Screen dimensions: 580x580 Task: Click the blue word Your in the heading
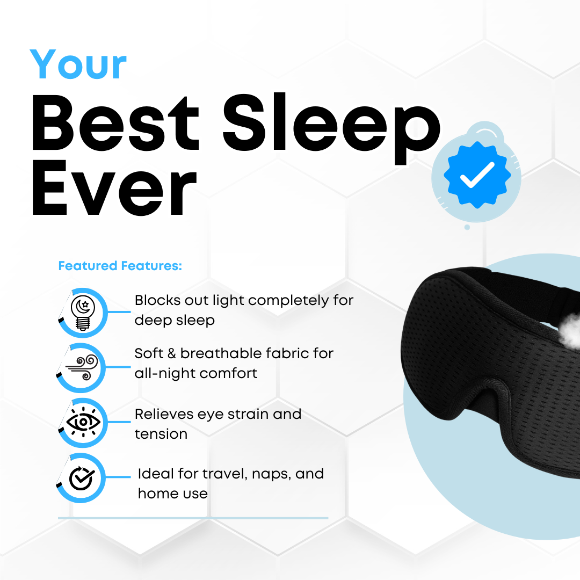point(78,64)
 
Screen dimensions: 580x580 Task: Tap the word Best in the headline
point(116,122)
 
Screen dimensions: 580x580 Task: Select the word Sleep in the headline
point(332,128)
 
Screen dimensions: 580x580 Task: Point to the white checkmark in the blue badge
point(477,175)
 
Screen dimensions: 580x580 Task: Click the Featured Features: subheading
point(120,266)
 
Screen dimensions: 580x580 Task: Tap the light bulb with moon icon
point(83,313)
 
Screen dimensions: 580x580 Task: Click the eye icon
point(83,422)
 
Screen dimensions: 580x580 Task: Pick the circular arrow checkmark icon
point(82,478)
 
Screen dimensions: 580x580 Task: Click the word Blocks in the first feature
point(157,300)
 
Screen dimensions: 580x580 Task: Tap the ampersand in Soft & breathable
point(172,353)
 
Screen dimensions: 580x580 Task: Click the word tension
point(161,434)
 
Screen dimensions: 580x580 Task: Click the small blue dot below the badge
point(467,227)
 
